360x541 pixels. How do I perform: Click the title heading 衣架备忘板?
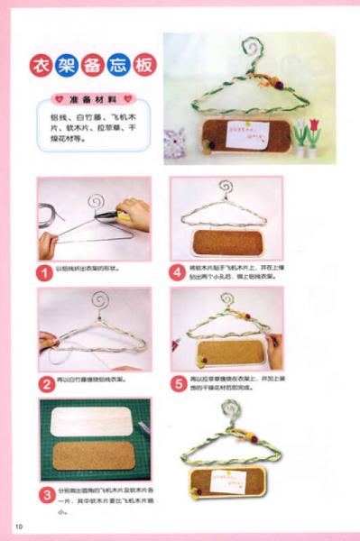click(x=89, y=65)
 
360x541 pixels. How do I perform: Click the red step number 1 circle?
click(x=46, y=270)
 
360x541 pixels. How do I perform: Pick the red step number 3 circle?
click(x=46, y=494)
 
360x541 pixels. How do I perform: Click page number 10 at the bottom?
click(x=17, y=526)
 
